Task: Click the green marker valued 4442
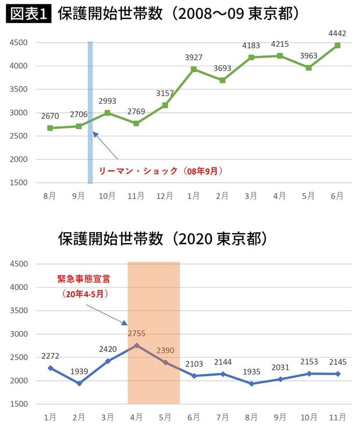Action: [x=337, y=46]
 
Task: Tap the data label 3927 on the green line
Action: [x=194, y=58]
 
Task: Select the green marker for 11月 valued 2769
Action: [x=136, y=124]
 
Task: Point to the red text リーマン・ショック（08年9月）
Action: [x=160, y=171]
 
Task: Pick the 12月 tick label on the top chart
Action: [x=165, y=196]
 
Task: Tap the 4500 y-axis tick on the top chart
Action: [x=19, y=42]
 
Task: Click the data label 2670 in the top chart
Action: [x=49, y=116]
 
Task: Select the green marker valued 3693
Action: [x=222, y=80]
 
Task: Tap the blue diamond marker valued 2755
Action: [x=136, y=345]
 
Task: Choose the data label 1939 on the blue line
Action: [x=79, y=372]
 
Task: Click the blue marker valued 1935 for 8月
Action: [x=251, y=384]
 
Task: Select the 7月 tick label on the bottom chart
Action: [x=222, y=416]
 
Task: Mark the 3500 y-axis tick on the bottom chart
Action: [x=19, y=311]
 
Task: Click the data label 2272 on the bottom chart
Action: [x=50, y=356]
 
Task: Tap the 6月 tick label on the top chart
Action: [x=337, y=196]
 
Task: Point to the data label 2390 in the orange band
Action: [x=165, y=351]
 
